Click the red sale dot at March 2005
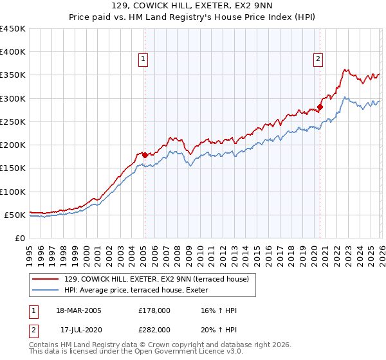tap(145, 155)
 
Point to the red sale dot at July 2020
tap(320, 107)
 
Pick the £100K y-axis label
tap(14, 192)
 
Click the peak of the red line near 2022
tap(345, 69)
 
